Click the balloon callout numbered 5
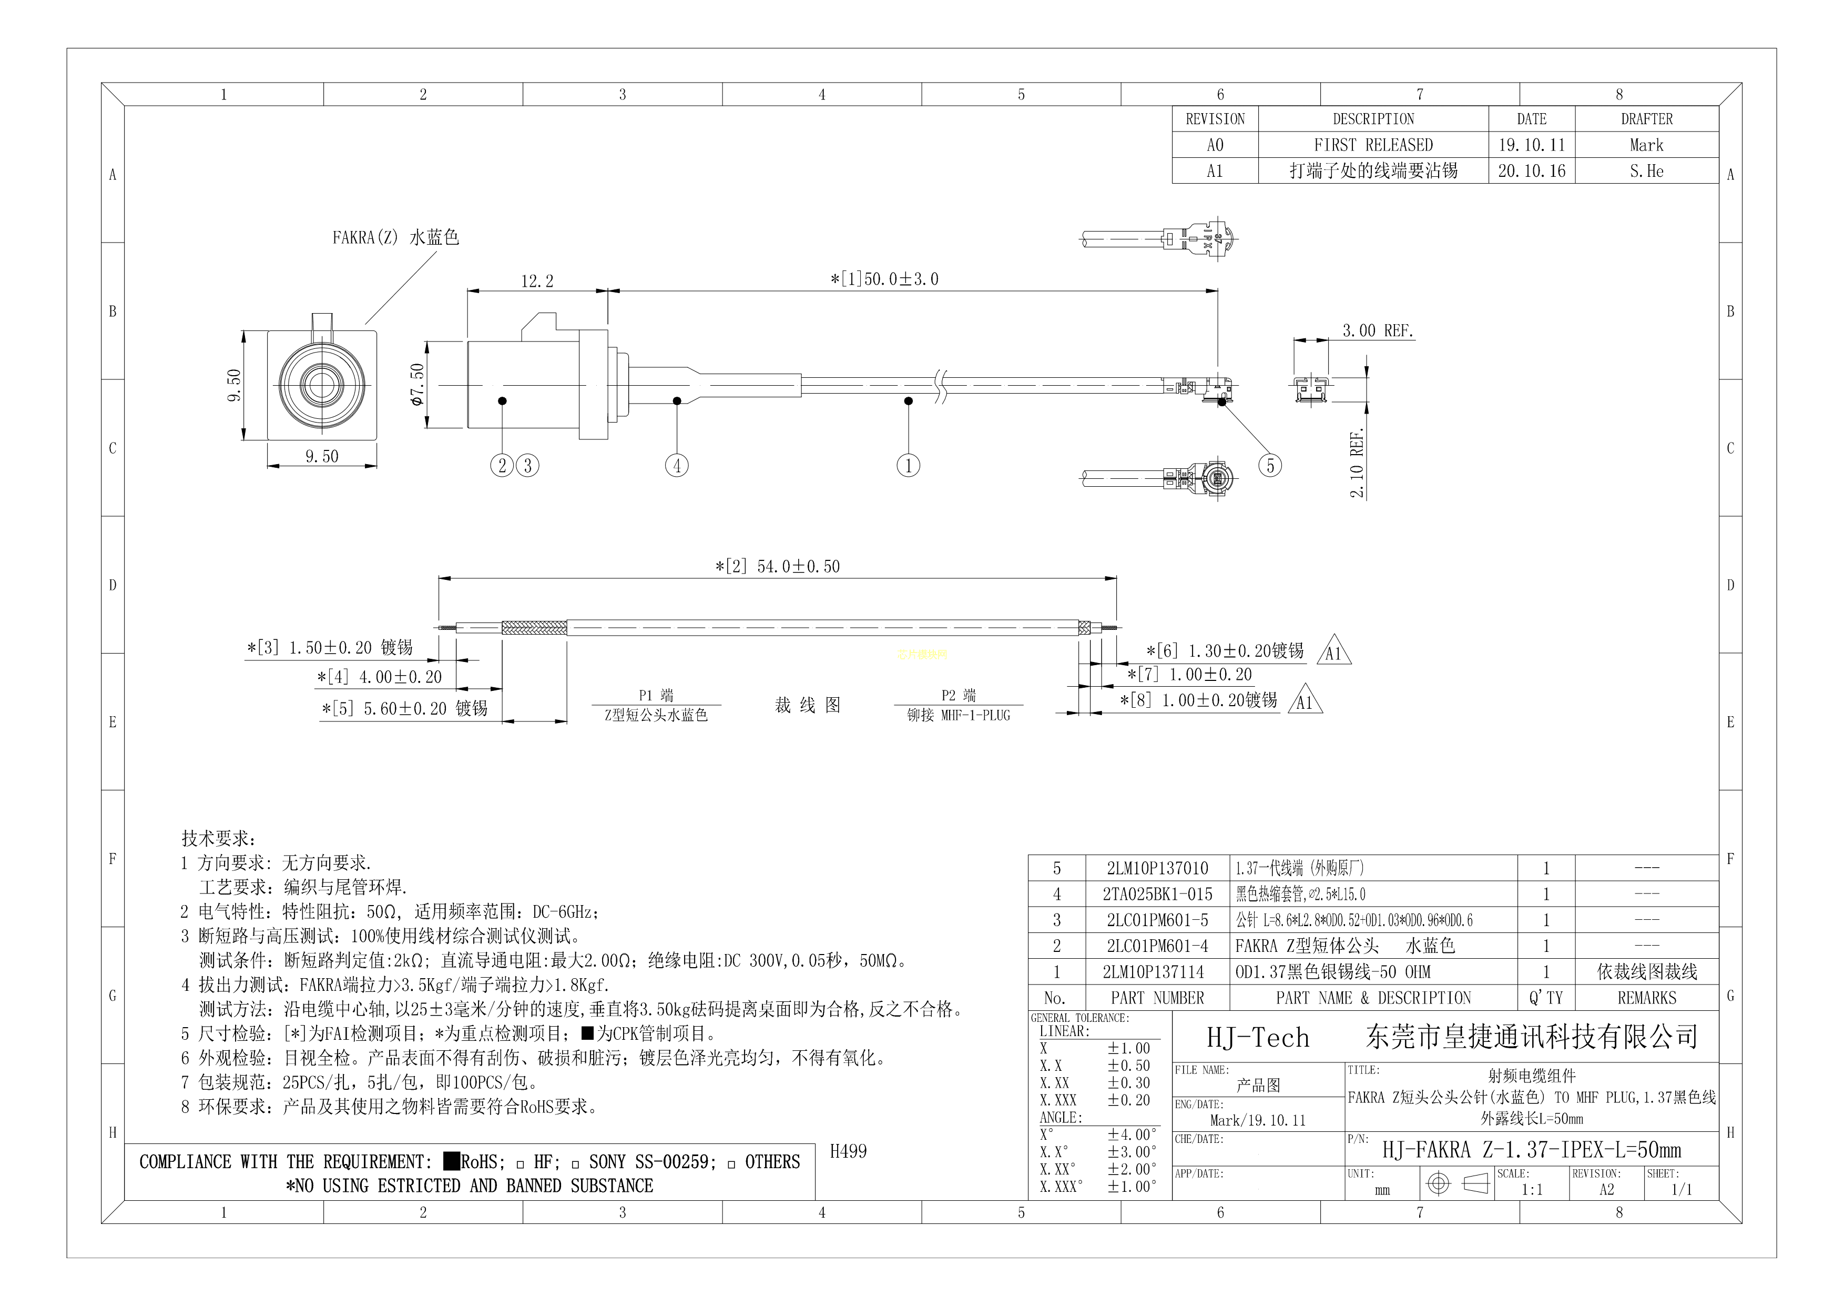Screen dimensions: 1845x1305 pyautogui.click(x=1270, y=466)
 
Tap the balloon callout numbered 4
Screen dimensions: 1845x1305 pyautogui.click(x=677, y=466)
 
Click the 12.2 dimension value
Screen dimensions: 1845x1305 pyautogui.click(x=537, y=280)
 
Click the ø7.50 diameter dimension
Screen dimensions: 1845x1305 pyautogui.click(x=416, y=385)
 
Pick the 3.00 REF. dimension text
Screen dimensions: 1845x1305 pyautogui.click(x=1378, y=330)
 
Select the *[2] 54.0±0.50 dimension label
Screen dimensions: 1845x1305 pyautogui.click(x=777, y=566)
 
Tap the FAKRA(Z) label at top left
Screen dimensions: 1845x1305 pyautogui.click(x=365, y=238)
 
